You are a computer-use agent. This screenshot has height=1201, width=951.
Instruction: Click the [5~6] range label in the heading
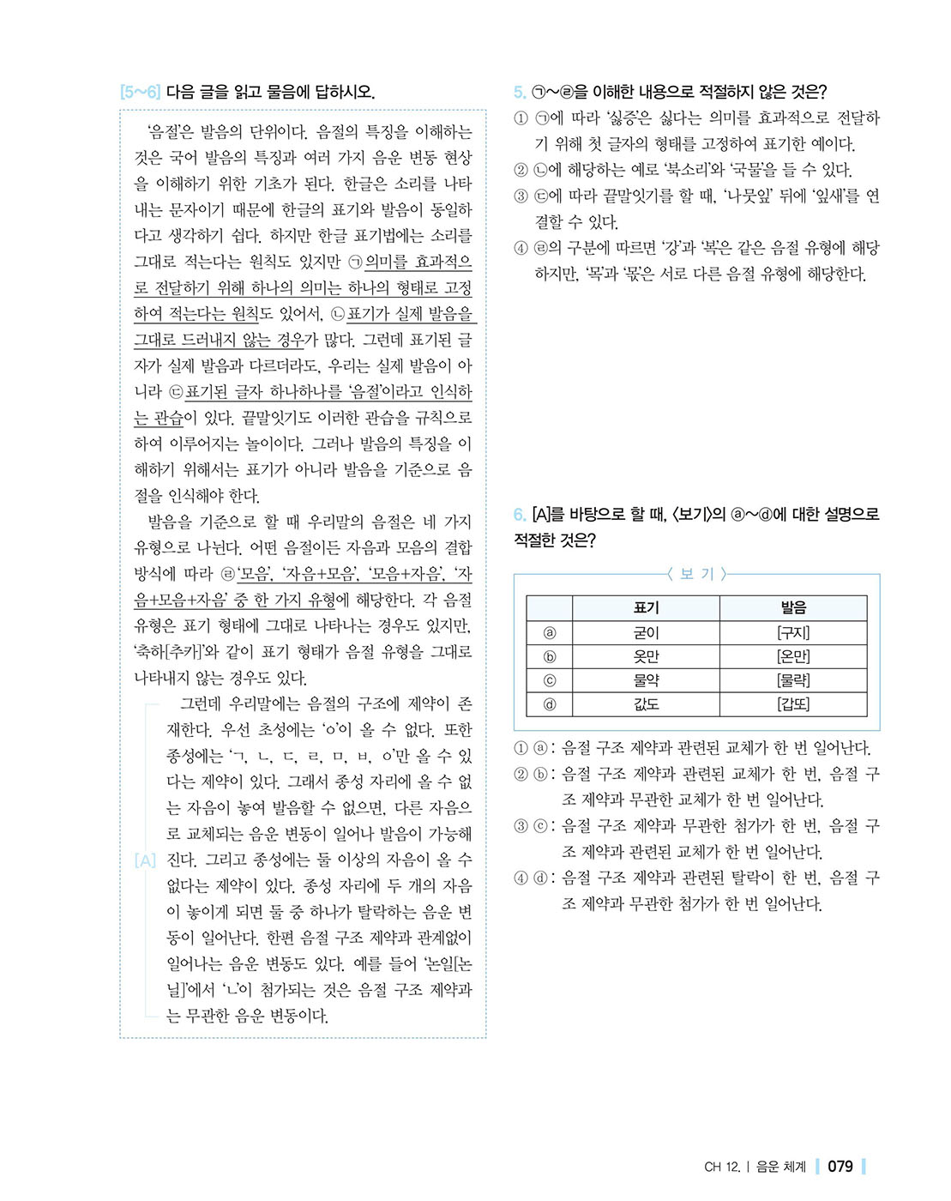click(x=140, y=92)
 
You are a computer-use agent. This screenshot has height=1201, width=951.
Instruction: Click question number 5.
click(x=520, y=92)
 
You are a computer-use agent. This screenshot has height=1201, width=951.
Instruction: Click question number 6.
click(x=520, y=515)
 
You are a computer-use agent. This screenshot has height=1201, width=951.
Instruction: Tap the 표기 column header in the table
click(x=646, y=607)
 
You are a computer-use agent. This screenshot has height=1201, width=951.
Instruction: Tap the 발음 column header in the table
click(x=793, y=607)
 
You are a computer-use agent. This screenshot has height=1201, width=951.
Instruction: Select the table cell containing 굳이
click(x=646, y=633)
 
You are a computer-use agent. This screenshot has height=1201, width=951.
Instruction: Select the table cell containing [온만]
click(x=793, y=657)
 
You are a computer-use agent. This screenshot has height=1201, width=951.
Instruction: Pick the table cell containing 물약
click(x=646, y=680)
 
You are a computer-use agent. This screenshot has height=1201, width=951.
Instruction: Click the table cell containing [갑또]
click(x=793, y=704)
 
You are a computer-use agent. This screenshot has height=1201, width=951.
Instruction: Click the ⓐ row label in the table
click(x=550, y=633)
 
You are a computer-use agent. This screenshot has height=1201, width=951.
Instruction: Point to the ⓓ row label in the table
click(x=550, y=704)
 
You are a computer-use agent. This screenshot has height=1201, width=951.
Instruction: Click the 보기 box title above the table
click(x=696, y=574)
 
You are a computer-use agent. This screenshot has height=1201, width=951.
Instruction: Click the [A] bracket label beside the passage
click(x=146, y=860)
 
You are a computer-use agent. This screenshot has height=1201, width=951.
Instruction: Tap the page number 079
click(x=840, y=1167)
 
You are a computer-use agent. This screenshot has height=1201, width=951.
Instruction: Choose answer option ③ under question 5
click(x=521, y=196)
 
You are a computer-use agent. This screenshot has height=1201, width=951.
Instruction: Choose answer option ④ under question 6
click(x=521, y=878)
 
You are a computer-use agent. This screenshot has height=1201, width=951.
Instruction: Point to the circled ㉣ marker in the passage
click(x=228, y=574)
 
